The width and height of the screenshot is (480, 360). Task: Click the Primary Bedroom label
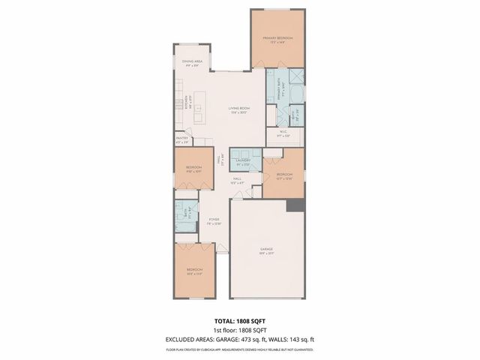[x=277, y=39]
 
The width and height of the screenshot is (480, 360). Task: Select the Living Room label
[x=239, y=110]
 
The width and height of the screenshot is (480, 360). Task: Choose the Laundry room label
[x=242, y=160]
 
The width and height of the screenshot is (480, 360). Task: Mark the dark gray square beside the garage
[x=298, y=205]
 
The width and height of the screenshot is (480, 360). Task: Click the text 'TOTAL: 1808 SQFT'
[x=240, y=321]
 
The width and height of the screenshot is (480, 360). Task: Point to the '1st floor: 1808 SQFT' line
[x=240, y=331]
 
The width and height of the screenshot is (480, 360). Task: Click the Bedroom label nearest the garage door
[x=194, y=271]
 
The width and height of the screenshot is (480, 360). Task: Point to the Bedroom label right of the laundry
[x=284, y=176]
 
